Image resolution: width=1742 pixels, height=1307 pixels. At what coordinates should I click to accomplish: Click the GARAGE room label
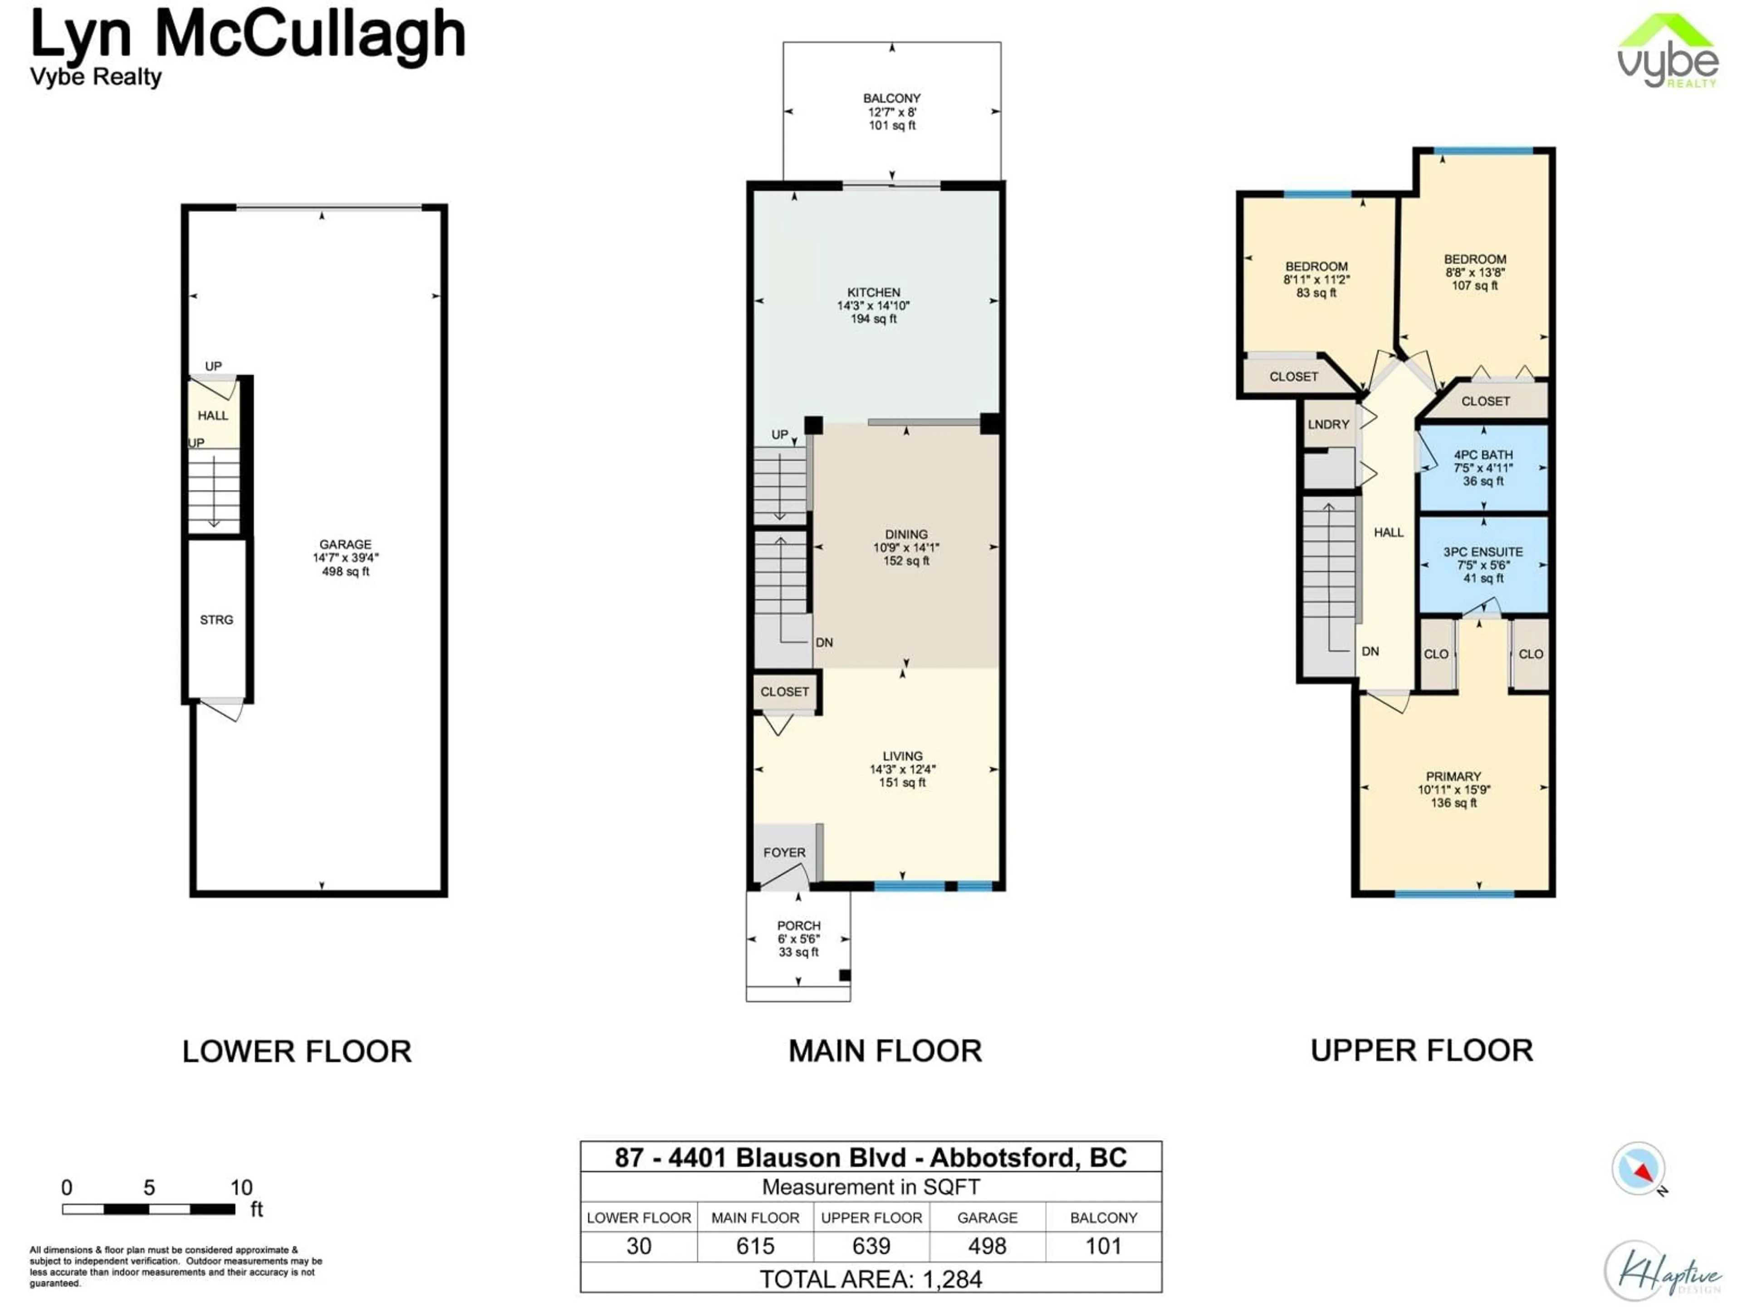[x=345, y=545]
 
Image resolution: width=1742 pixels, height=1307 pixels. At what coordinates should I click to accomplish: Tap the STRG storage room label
[x=216, y=620]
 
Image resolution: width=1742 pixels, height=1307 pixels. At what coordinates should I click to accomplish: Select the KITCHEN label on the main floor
[x=873, y=292]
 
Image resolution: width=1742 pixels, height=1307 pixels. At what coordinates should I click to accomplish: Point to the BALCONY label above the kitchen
[x=891, y=98]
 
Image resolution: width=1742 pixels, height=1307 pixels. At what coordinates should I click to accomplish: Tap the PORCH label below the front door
[x=798, y=926]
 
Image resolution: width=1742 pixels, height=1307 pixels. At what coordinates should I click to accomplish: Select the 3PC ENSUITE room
[x=1483, y=564]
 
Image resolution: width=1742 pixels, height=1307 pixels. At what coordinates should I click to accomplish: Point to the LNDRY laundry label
[x=1329, y=425]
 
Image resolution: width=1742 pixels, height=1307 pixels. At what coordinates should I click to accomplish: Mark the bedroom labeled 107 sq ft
[x=1474, y=272]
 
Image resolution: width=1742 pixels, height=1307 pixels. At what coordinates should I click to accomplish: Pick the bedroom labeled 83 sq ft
[x=1316, y=279]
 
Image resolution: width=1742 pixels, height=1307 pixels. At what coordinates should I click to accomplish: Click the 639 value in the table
[x=871, y=1246]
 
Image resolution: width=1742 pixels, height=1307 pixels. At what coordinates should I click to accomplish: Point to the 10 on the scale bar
[x=241, y=1187]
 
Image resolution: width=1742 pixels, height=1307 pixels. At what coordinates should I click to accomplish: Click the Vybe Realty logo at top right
[x=1667, y=51]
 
